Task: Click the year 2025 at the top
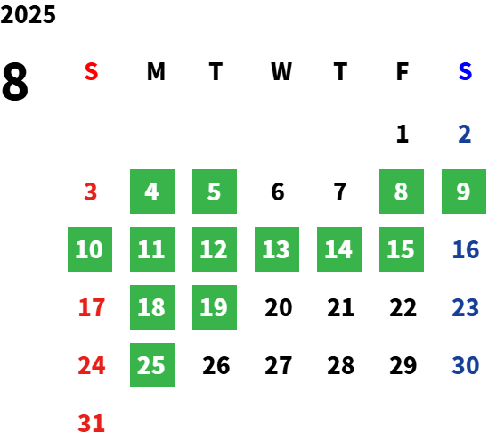pyautogui.click(x=28, y=14)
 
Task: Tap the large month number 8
pyautogui.click(x=15, y=81)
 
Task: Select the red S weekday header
pyautogui.click(x=91, y=71)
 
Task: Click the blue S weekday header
pyautogui.click(x=465, y=71)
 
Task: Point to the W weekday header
pyautogui.click(x=281, y=71)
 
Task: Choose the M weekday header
pyautogui.click(x=156, y=71)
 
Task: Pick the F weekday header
pyautogui.click(x=403, y=71)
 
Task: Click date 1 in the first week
pyautogui.click(x=403, y=134)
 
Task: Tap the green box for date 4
pyautogui.click(x=152, y=191)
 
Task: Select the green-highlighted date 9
pyautogui.click(x=464, y=191)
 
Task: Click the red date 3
pyautogui.click(x=91, y=191)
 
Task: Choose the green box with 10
pyautogui.click(x=90, y=249)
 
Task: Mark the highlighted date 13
pyautogui.click(x=277, y=249)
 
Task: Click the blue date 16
pyautogui.click(x=466, y=249)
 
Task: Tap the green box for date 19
pyautogui.click(x=215, y=307)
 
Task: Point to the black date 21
pyautogui.click(x=340, y=307)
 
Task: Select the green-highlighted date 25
pyautogui.click(x=152, y=365)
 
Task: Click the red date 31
pyautogui.click(x=91, y=423)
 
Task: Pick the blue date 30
pyautogui.click(x=466, y=365)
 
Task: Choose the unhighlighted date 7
pyautogui.click(x=340, y=191)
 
